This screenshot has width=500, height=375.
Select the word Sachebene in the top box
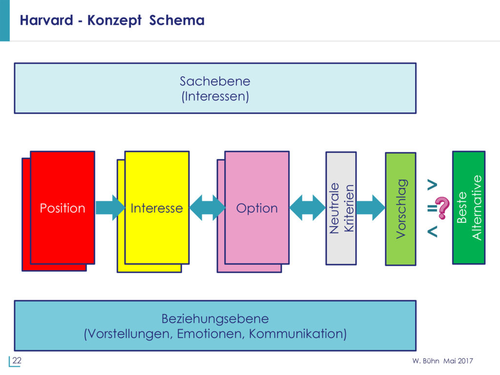pos(215,81)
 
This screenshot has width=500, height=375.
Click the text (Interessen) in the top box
pos(215,97)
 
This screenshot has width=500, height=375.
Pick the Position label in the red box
pos(62,208)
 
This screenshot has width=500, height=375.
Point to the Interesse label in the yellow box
pos(157,208)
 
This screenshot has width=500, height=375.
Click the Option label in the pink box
pos(257,208)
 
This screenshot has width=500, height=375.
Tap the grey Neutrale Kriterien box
pos(341,208)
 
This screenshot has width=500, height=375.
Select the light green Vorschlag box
pos(400,209)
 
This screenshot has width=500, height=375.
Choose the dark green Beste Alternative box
pos(469,208)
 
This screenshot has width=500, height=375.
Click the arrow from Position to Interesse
pos(110,208)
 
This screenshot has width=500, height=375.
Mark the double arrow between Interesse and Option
pos(207,208)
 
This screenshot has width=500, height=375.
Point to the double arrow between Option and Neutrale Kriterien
pos(307,208)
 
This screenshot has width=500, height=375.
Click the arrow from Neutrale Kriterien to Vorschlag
pos(371,208)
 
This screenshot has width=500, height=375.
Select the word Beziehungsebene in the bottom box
pos(215,319)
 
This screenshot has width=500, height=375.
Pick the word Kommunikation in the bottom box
pos(298,334)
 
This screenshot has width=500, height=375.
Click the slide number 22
pos(17,361)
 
